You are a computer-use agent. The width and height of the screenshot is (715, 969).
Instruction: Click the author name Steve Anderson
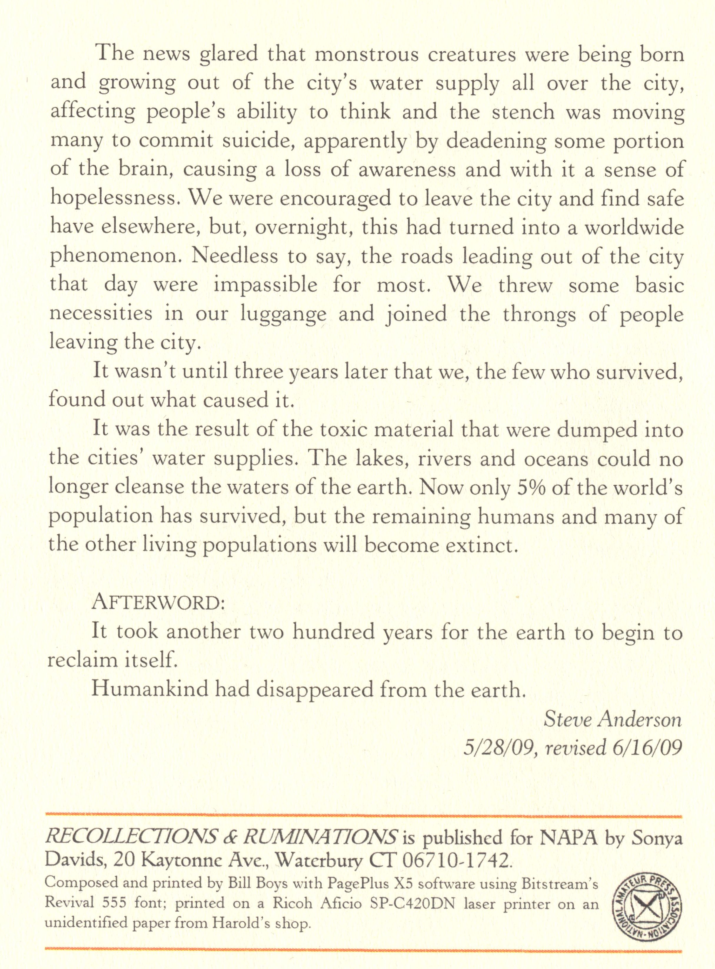tap(612, 719)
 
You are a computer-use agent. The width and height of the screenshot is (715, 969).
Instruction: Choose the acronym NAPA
tap(569, 838)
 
